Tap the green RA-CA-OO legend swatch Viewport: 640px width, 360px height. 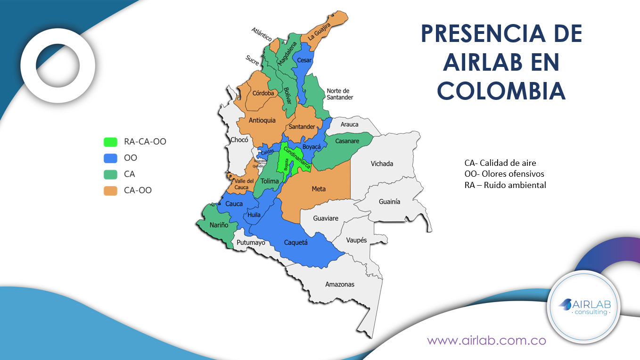point(110,141)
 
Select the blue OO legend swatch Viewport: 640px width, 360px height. point(110,158)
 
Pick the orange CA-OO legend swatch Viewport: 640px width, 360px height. point(110,190)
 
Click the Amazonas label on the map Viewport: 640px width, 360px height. point(339,284)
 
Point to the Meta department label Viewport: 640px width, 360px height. point(319,189)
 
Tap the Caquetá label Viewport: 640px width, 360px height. point(295,242)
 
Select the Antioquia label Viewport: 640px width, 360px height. point(262,120)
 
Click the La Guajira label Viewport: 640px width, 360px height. point(320,30)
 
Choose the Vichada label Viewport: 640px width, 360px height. point(381,164)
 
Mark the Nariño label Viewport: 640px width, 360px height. point(219,225)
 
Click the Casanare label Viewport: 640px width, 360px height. point(347,141)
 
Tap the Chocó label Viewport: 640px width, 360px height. point(239,139)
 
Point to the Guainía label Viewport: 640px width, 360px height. point(389,201)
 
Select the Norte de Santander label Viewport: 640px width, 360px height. point(339,94)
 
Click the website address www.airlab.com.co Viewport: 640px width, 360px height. point(486,340)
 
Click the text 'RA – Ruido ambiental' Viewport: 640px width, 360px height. point(505,185)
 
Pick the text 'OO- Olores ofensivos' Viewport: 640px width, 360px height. point(504,174)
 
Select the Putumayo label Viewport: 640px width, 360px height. point(251,243)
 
